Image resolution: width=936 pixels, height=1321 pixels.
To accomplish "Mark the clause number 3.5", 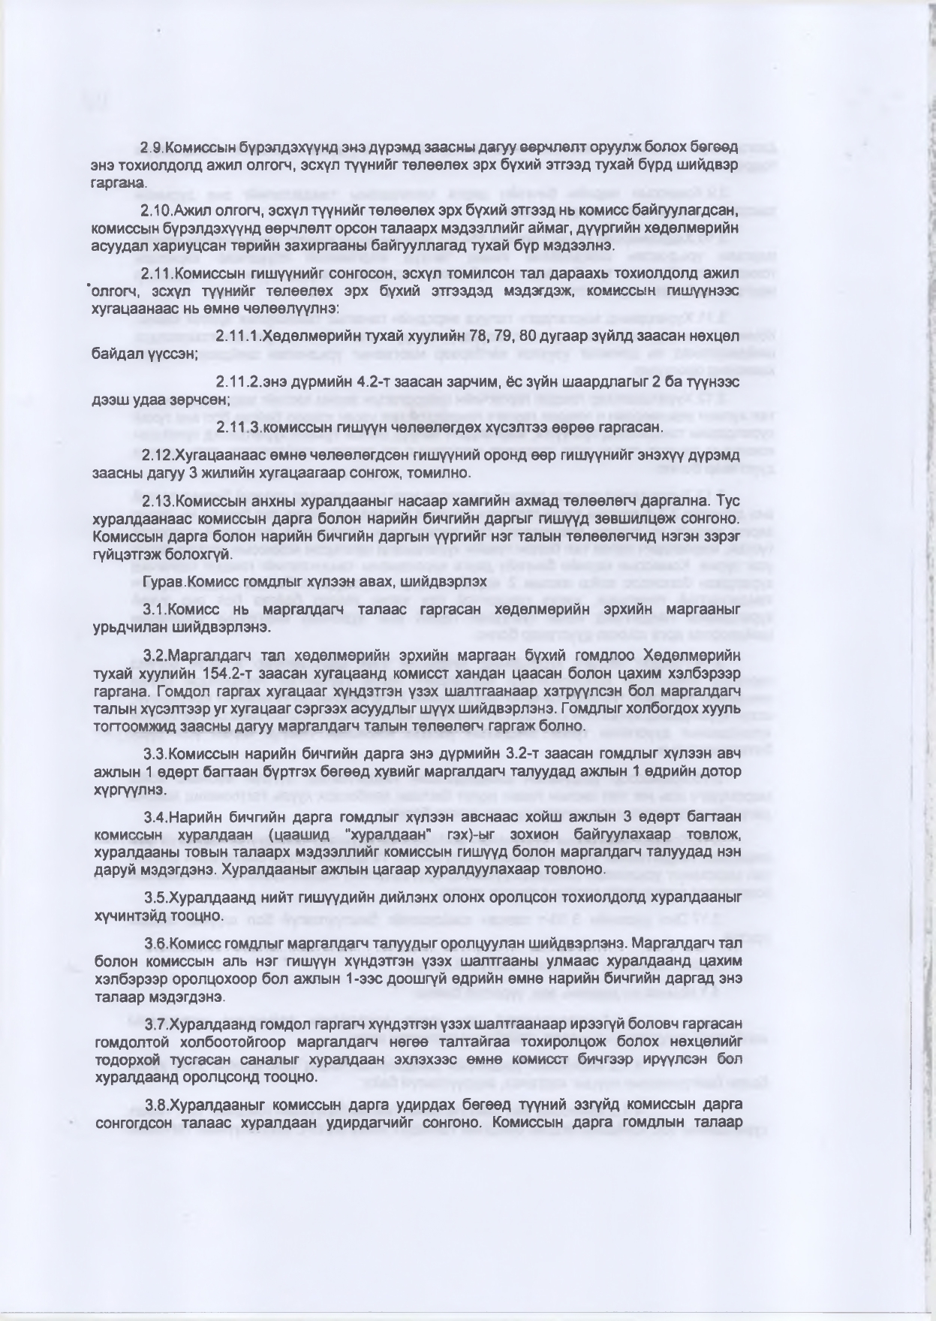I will click(x=155, y=897).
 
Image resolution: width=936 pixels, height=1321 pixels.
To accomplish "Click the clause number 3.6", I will click(x=155, y=942).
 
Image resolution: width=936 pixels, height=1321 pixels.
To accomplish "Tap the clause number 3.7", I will click(x=155, y=1024).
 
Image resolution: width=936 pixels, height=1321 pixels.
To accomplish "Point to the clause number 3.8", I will click(x=155, y=1105).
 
